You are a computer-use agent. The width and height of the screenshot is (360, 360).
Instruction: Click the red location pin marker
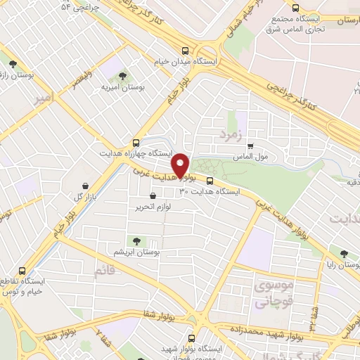[x=182, y=166]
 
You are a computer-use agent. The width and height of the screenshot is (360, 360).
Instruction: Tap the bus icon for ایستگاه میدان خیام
[x=185, y=51]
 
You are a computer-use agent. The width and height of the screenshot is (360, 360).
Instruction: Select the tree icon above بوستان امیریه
[x=123, y=75]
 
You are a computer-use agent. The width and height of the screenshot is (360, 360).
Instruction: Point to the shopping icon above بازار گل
[x=86, y=184]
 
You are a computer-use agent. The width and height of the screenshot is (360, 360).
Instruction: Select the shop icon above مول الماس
[x=250, y=146]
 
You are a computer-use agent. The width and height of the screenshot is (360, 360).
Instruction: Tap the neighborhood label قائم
[x=103, y=271]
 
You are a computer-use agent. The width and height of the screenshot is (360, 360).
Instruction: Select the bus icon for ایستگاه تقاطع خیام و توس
[x=22, y=271]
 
